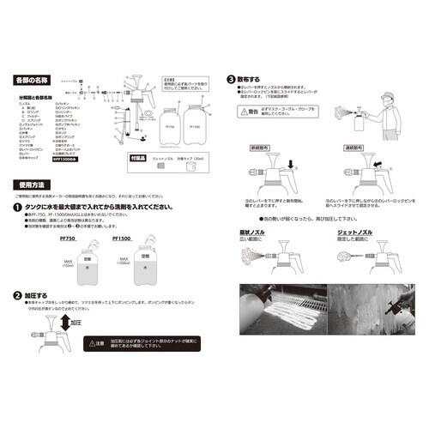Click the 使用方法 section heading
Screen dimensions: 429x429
(31, 184)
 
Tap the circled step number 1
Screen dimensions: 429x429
(18, 208)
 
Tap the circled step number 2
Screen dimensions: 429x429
(18, 294)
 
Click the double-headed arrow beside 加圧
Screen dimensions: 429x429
(63, 324)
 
